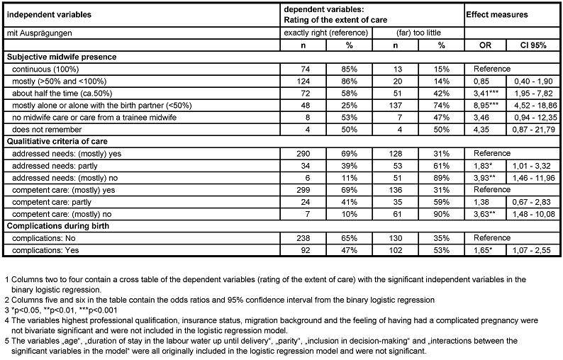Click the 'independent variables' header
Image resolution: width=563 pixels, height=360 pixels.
pyautogui.click(x=45, y=13)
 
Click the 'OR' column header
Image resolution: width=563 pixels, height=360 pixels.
pyautogui.click(x=486, y=45)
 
